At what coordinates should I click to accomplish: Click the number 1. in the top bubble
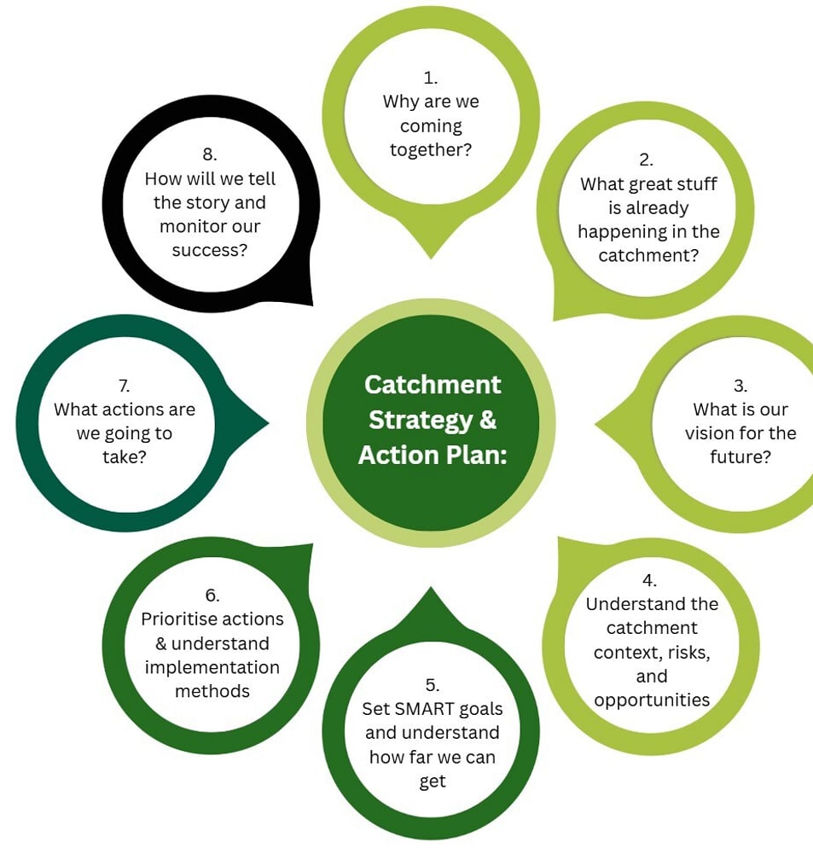(x=431, y=78)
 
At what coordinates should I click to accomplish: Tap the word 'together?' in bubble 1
(x=431, y=150)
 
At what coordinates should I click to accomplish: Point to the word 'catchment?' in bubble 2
(x=648, y=255)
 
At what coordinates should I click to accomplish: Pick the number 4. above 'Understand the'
(x=650, y=580)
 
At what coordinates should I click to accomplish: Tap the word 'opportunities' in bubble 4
(x=652, y=700)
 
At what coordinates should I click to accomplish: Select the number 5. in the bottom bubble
(x=432, y=684)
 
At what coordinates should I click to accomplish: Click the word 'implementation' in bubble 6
(x=212, y=667)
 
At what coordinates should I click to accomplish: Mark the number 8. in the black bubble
(x=211, y=155)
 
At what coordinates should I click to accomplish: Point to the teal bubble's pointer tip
(x=268, y=421)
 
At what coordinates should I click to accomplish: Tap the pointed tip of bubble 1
(x=431, y=257)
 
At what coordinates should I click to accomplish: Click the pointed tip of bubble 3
(x=596, y=421)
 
